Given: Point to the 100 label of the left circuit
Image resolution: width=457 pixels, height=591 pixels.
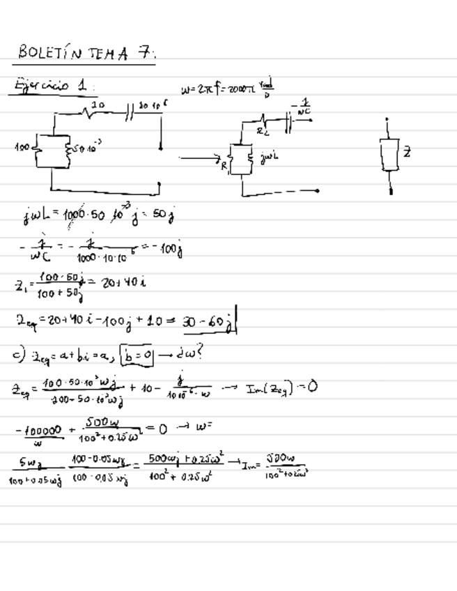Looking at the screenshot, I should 23,148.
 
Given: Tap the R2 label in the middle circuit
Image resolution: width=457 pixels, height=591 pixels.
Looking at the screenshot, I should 261,130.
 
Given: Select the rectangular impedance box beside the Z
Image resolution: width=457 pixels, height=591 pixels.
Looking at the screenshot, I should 389,154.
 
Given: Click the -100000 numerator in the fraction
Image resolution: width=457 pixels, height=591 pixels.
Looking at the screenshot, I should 44,431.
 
